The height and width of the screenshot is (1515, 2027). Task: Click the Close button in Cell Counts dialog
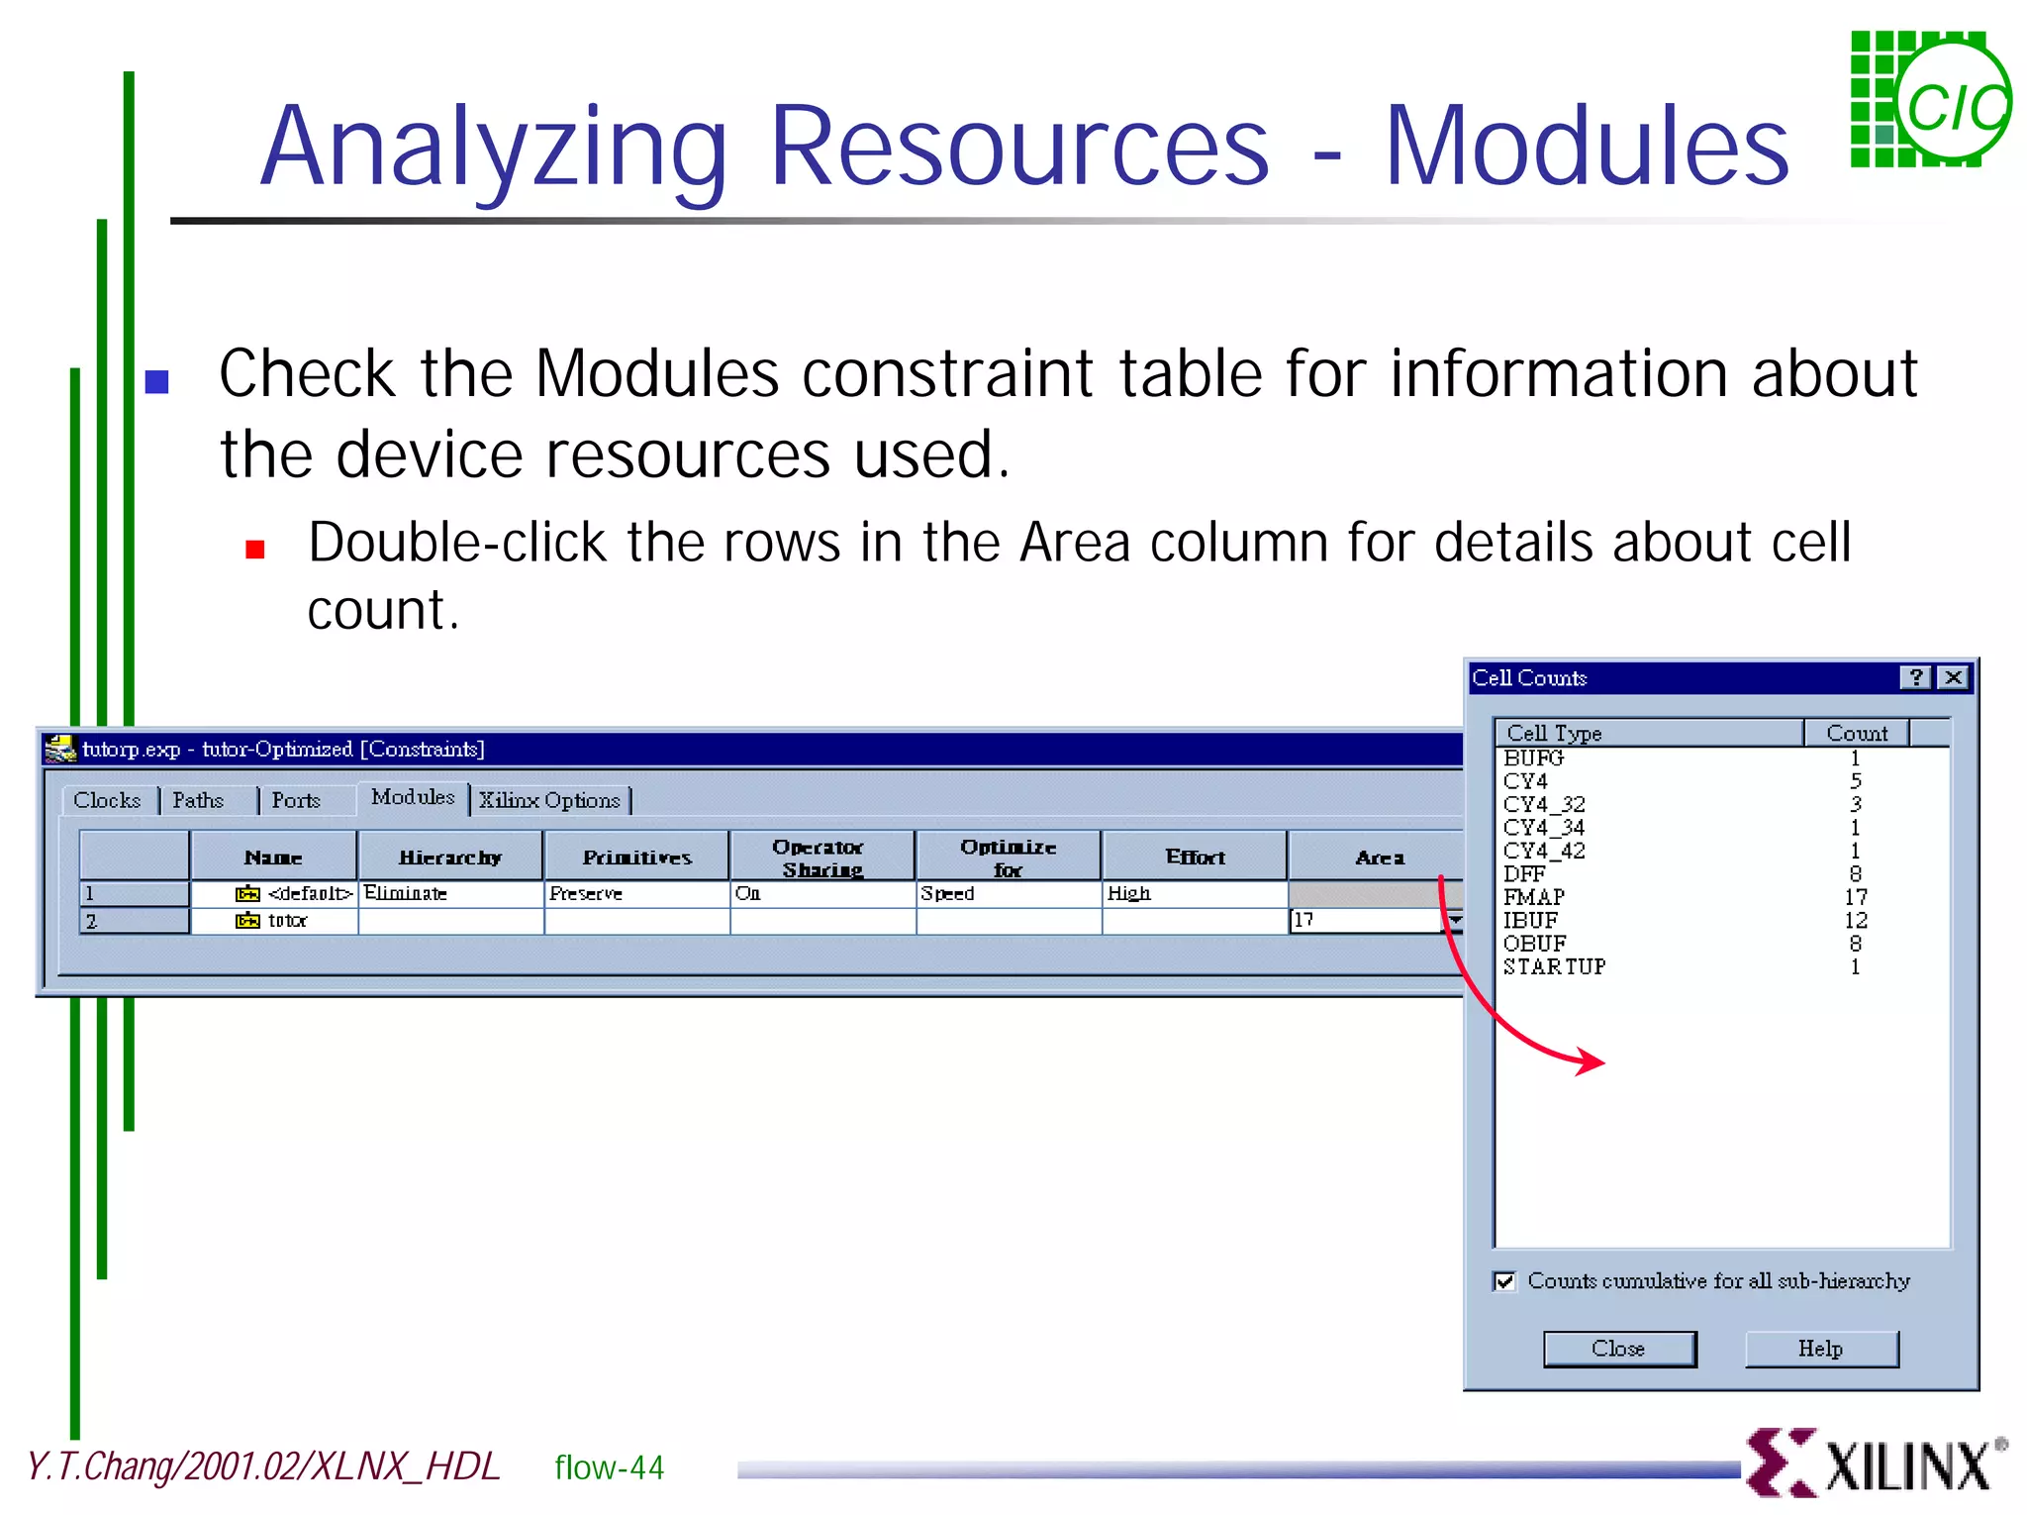point(1619,1349)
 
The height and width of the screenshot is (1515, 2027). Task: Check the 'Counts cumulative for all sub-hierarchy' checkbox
point(1505,1281)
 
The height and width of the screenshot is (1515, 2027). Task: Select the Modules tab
point(413,797)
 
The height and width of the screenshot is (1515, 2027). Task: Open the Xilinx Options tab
point(550,800)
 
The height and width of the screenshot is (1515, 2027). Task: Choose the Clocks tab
point(107,800)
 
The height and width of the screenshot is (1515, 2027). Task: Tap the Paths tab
point(198,800)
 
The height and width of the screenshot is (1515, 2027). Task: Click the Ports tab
point(296,800)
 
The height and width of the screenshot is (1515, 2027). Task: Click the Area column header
point(1379,858)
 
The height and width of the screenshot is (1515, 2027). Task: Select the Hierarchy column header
point(449,858)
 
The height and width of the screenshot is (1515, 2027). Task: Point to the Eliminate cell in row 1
point(406,893)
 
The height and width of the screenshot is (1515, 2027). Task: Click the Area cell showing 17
point(1364,920)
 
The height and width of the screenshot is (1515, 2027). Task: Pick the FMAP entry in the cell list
point(1534,897)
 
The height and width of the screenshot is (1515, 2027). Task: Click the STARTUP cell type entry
point(1554,966)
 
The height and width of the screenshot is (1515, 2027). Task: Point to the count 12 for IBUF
point(1855,920)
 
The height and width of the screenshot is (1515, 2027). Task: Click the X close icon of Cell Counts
point(1954,677)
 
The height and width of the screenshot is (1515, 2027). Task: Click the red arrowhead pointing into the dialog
point(1593,1062)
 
